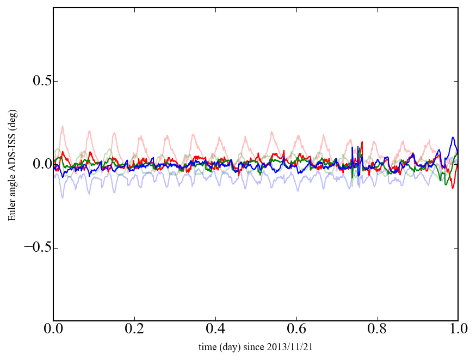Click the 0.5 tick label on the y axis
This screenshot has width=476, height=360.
[39, 81]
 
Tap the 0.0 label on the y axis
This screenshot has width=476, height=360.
[39, 164]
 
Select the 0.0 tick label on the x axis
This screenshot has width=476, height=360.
[53, 330]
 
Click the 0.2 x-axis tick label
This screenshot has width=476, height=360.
[134, 330]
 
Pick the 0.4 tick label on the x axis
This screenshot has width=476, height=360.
[215, 330]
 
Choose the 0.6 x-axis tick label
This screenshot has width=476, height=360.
[296, 330]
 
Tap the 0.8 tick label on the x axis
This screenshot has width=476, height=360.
[378, 330]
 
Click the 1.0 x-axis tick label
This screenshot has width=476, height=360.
[458, 330]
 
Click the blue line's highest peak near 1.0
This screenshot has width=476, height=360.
[453, 138]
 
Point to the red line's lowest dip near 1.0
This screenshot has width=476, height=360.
[452, 188]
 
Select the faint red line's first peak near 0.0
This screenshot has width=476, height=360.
[63, 127]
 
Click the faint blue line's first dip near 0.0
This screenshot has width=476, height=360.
[63, 197]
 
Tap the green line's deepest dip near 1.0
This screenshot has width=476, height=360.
[447, 185]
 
